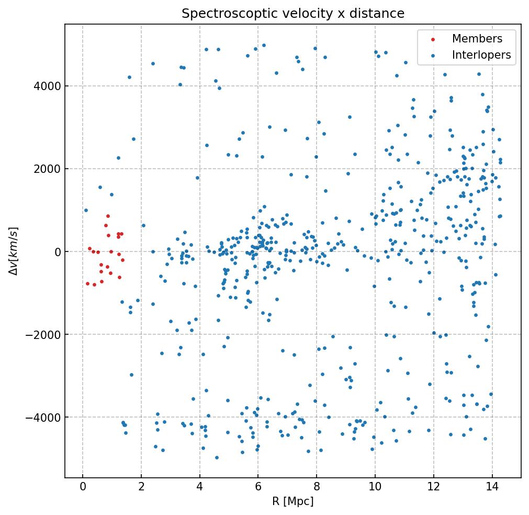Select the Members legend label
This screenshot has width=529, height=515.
[477, 39]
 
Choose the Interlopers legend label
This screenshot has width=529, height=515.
[481, 55]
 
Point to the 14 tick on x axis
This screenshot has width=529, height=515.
[492, 487]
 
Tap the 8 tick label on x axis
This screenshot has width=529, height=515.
[317, 487]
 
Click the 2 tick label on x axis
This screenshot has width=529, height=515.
[141, 487]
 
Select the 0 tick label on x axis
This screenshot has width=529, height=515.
[83, 487]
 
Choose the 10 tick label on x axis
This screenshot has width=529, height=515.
[375, 487]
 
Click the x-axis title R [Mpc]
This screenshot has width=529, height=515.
[292, 501]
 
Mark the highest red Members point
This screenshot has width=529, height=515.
[108, 216]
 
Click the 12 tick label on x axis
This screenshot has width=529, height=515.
[433, 487]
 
